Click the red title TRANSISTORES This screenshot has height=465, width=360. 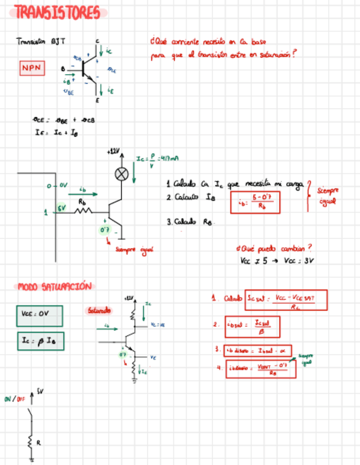58,13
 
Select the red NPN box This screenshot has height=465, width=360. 32,68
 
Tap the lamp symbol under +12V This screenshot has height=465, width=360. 121,174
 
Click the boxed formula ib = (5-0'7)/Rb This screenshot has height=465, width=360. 255,202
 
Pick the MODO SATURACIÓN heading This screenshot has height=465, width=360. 54,286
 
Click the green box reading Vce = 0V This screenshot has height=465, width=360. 39,315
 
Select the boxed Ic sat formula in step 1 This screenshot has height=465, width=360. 286,299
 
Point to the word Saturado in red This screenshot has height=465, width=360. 99,311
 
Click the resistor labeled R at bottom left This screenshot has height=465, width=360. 31,441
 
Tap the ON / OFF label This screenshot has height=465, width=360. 15,399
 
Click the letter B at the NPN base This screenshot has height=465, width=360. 63,69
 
